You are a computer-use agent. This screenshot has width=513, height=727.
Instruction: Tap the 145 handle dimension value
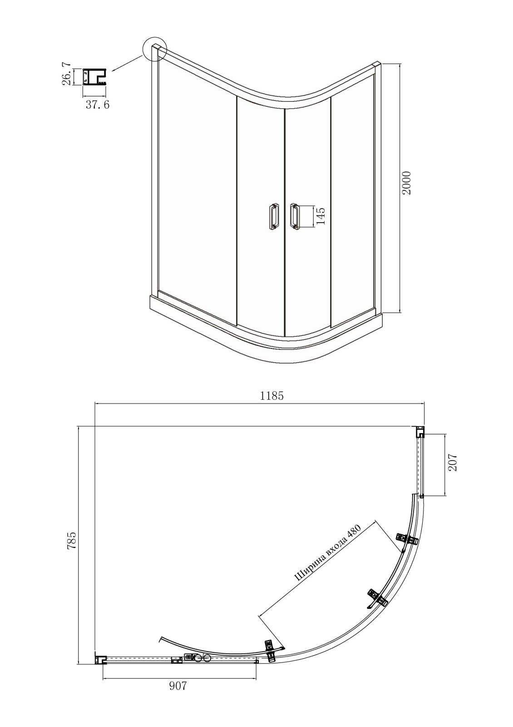pyautogui.click(x=320, y=216)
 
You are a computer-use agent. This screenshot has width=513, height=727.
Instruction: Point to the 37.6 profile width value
pyautogui.click(x=98, y=105)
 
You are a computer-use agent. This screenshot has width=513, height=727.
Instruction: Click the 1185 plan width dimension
pyautogui.click(x=272, y=396)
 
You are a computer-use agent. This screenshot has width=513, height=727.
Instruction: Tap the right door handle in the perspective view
pyautogui.click(x=294, y=217)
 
